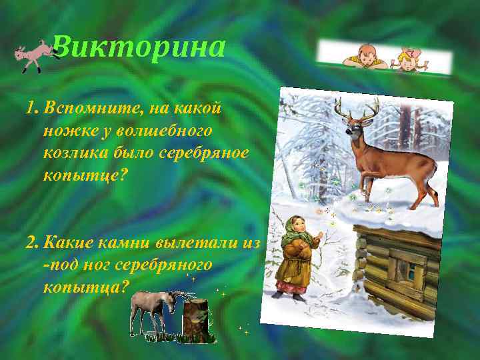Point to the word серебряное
tap(203, 153)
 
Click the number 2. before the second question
tap(31, 241)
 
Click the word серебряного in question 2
tap(164, 265)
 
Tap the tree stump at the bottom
tap(197, 321)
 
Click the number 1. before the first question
tap(31, 107)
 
